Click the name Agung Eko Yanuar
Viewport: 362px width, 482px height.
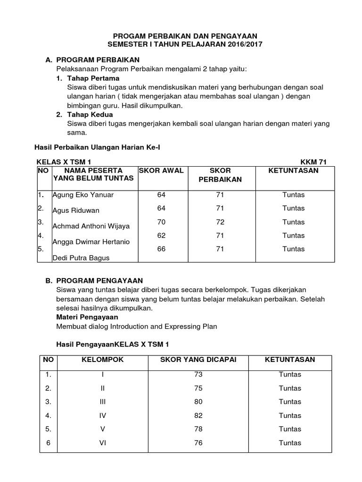tap(83, 195)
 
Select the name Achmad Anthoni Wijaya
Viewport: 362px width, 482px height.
tap(91, 226)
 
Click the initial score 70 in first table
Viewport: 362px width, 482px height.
tap(162, 222)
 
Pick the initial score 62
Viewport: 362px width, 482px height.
tap(162, 235)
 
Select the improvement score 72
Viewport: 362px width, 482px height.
tap(220, 222)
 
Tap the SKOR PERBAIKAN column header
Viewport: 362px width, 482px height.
tap(220, 175)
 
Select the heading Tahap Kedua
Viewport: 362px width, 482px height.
tap(90, 114)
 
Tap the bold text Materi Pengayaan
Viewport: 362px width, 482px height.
tap(87, 317)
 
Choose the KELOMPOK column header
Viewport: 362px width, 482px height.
tap(102, 360)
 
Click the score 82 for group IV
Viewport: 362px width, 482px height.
tap(197, 416)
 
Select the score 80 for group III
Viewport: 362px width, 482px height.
tap(197, 402)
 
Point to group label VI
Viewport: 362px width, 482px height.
tap(102, 443)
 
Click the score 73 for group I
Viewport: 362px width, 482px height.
tap(197, 375)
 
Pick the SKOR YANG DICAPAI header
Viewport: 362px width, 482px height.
tap(197, 360)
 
